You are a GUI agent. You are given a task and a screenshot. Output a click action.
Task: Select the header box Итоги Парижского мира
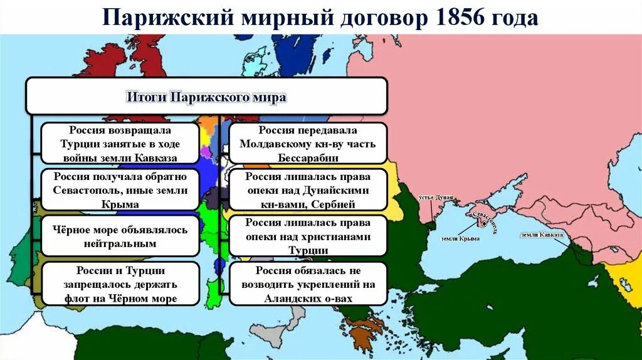tap(206, 97)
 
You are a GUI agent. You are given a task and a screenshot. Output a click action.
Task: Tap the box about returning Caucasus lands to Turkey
tap(120, 144)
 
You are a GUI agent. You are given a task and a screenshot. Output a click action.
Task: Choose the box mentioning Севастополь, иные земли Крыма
tap(120, 190)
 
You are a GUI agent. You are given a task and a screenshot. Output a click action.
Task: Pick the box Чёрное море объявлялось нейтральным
tap(120, 236)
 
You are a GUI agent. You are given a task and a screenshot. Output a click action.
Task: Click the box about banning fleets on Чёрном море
tap(120, 283)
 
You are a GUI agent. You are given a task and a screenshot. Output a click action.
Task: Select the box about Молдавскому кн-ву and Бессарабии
tap(307, 144)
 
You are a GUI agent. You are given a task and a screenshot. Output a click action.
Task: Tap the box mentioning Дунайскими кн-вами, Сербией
tap(307, 190)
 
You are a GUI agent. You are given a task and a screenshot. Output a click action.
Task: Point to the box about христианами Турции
tap(307, 236)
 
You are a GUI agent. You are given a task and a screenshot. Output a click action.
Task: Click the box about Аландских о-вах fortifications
tap(307, 283)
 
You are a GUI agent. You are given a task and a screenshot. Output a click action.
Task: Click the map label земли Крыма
tap(457, 238)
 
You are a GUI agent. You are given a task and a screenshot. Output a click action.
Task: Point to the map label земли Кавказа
tap(542, 235)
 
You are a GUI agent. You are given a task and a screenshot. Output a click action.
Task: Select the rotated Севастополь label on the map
tap(485, 222)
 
